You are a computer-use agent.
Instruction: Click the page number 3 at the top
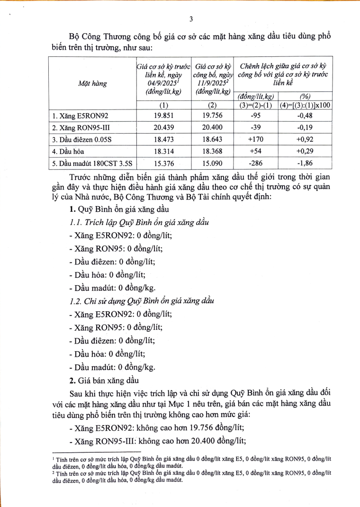[190, 19]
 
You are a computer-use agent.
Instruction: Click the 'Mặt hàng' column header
[93, 83]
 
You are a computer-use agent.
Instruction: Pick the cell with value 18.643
[213, 139]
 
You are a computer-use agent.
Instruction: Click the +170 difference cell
[255, 139]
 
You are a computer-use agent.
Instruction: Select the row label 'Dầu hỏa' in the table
[67, 152]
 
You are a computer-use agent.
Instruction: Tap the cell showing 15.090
[213, 164]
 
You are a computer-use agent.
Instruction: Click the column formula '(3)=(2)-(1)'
[255, 105]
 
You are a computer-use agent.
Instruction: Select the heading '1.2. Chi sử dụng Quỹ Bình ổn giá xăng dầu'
[139, 301]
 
